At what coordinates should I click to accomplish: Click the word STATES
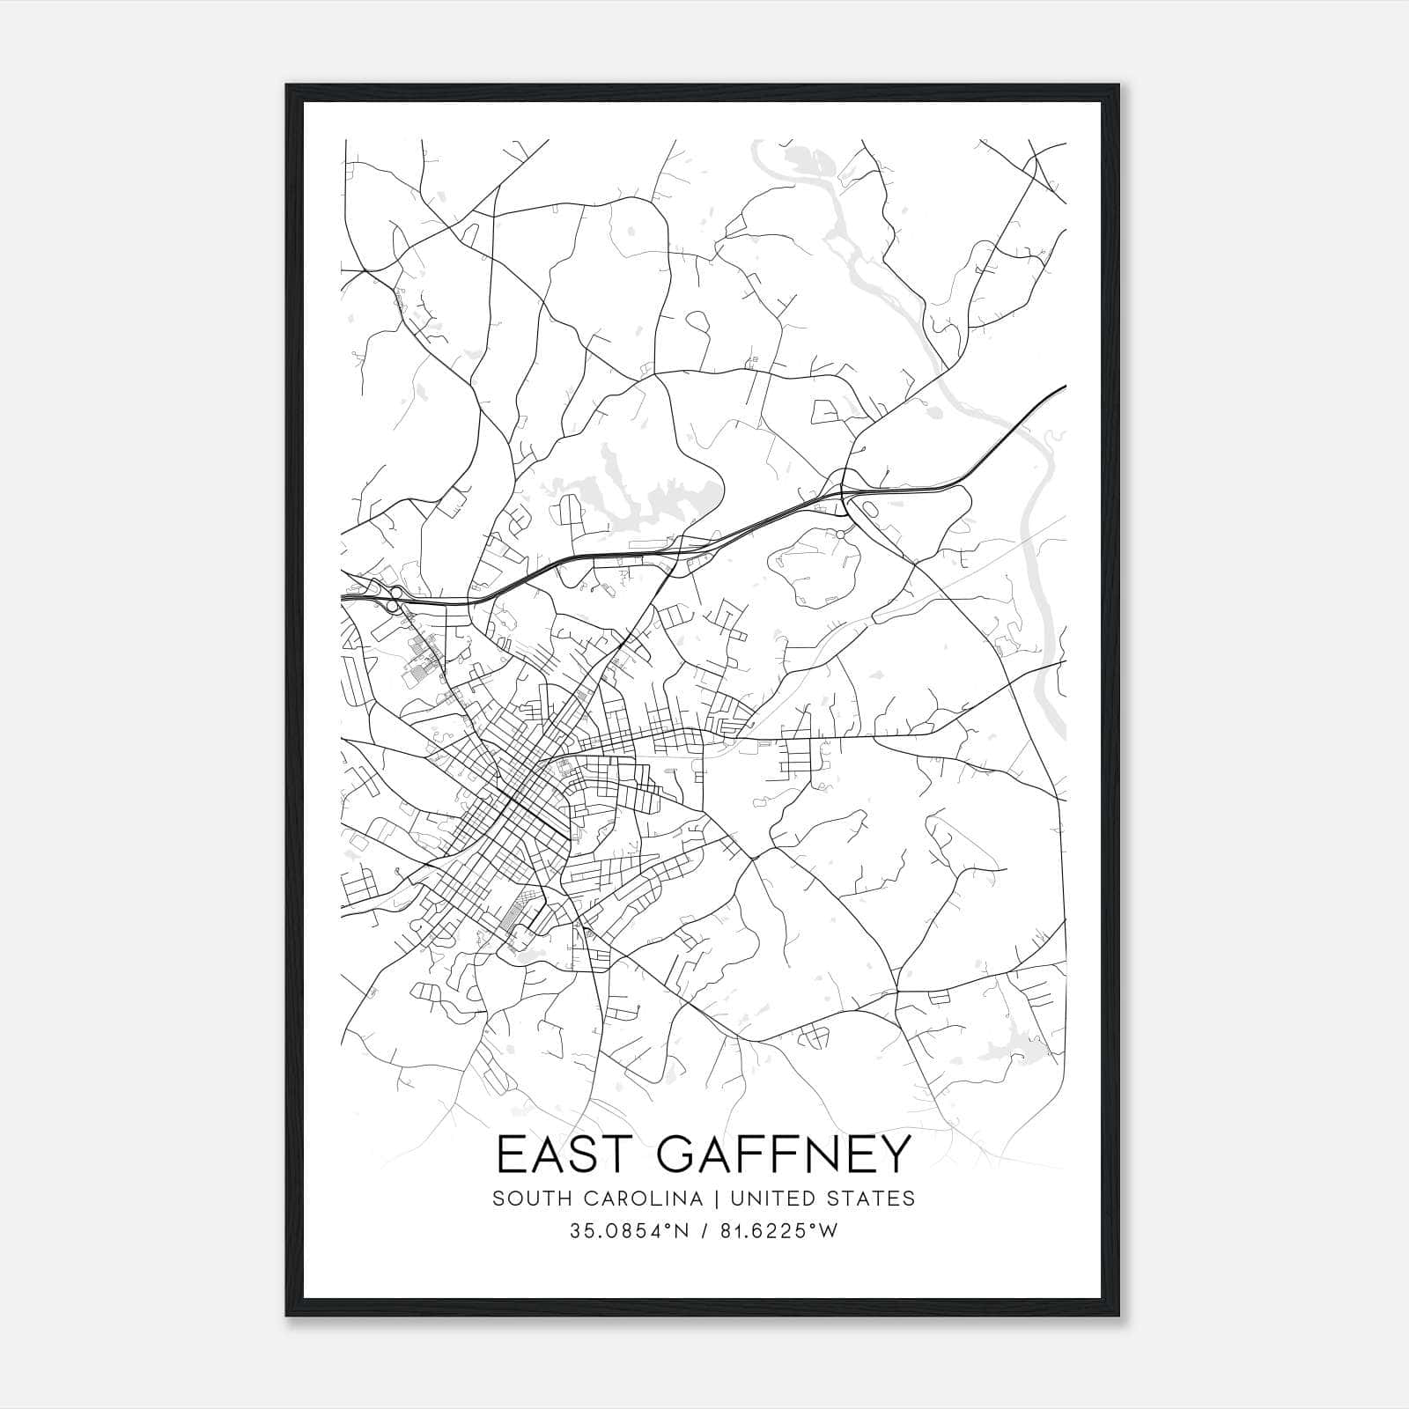pos(871,1199)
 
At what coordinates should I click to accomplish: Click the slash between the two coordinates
pos(704,1231)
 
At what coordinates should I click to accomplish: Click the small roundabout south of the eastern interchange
pos(840,535)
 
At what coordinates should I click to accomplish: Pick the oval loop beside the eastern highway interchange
pos(867,510)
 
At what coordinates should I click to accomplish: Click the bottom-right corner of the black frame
pos(1121,1316)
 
